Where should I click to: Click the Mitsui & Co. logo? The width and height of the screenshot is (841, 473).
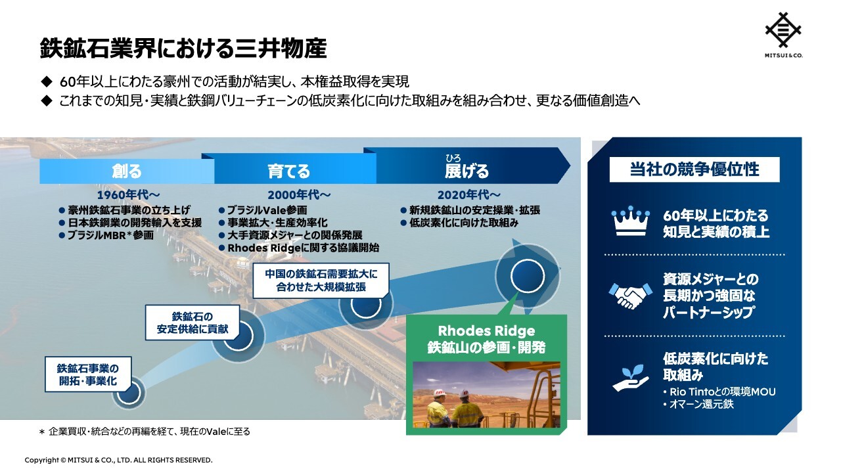coord(783,35)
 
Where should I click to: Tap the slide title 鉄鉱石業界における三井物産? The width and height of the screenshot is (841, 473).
coord(183,48)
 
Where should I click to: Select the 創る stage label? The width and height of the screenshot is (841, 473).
coord(127,171)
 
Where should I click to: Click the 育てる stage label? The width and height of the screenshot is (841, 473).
coord(288,171)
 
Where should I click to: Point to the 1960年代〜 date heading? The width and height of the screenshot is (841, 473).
coord(128,195)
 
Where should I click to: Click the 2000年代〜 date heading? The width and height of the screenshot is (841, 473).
coord(299,195)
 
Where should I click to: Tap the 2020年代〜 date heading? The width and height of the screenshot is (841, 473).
coord(469,195)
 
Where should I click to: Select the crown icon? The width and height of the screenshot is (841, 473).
coord(630,221)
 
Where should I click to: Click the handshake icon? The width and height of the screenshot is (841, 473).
coord(630,296)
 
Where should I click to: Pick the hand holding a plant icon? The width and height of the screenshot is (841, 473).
coord(630,378)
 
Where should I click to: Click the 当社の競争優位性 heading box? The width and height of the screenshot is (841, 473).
coord(694,169)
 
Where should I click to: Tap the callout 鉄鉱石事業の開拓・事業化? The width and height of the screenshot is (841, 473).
coord(88,374)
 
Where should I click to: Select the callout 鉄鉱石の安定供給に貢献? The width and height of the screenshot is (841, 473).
coord(193,323)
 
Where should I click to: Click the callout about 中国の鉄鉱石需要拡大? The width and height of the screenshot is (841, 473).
coord(321,281)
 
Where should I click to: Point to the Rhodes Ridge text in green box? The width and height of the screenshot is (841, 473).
coord(486,331)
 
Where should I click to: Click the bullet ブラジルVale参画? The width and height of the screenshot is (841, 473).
coord(263,210)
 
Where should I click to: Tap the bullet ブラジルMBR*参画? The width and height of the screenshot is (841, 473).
coord(106,235)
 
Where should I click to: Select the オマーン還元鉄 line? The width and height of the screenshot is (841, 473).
coord(698,404)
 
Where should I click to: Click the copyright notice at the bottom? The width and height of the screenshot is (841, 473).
coord(119,460)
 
